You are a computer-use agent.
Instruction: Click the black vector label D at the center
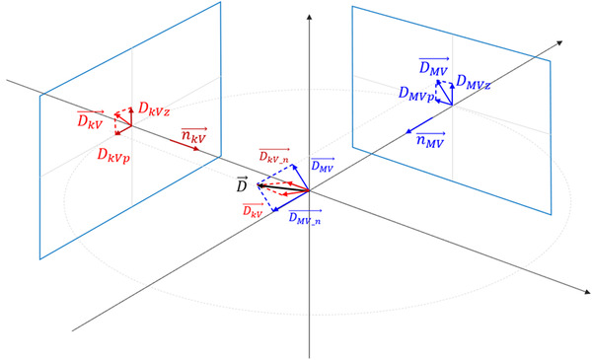(x=240, y=183)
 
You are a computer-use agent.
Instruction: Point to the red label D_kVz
(x=158, y=108)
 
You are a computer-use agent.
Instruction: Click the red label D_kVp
(x=115, y=155)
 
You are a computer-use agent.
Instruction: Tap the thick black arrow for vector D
(x=281, y=186)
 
